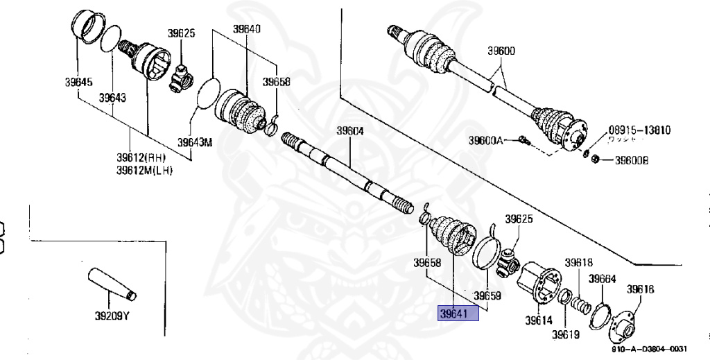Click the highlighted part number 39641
coord(458,314)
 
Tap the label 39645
coord(78,82)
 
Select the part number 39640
coord(247,29)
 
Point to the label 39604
coord(350,130)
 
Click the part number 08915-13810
coord(640,130)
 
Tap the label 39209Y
coord(112,316)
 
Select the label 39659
coord(487,295)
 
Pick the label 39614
coord(538,320)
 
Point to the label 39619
coord(566,336)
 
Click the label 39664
coord(603,278)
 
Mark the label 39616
coord(640,289)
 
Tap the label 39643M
coord(195,143)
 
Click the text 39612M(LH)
coord(144,170)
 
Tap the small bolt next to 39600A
coord(524,141)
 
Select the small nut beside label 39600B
coord(594,160)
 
